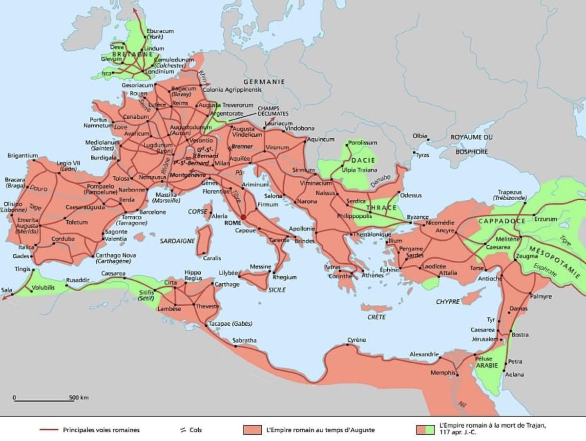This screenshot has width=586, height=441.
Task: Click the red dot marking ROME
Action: [243, 217]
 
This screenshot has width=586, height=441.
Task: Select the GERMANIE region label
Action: [264, 82]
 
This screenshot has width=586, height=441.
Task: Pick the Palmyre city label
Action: [541, 296]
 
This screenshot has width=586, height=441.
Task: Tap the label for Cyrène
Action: [356, 340]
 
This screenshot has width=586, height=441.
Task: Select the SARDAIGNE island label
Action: [177, 241]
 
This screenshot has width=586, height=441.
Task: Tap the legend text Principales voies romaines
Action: [101, 430]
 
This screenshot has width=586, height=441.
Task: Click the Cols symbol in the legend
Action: [183, 430]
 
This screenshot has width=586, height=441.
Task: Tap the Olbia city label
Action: [419, 136]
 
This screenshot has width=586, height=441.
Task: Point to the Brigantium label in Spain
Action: [22, 156]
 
